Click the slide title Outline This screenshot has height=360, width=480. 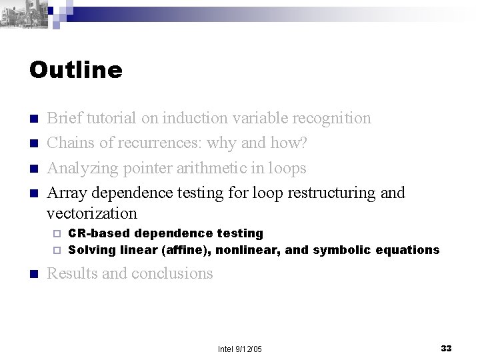coord(76,70)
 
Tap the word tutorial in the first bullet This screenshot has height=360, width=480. coord(110,119)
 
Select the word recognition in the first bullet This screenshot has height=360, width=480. coord(329,119)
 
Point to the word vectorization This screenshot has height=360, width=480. coord(92,213)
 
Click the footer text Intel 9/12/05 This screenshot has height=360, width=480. coord(241,348)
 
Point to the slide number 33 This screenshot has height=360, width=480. coord(446,347)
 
